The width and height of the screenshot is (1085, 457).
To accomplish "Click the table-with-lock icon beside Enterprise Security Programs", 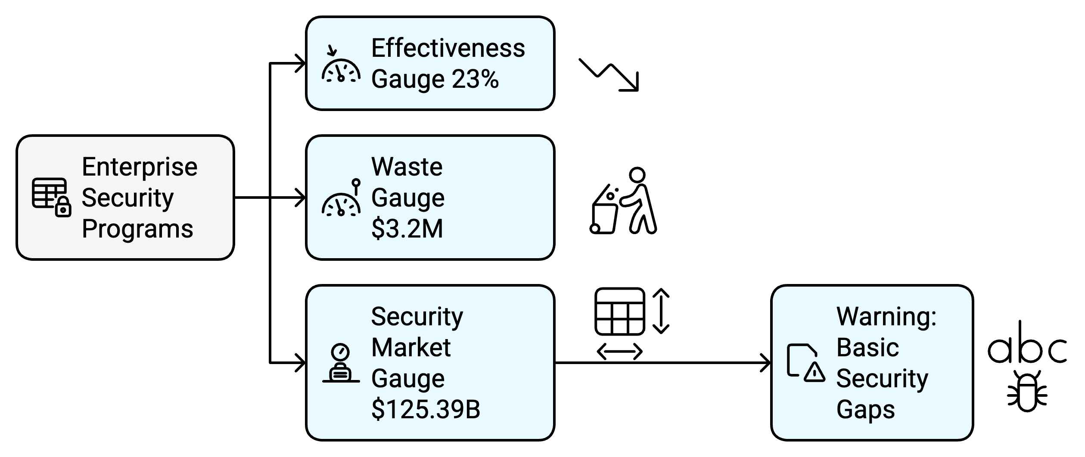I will pyautogui.click(x=51, y=198).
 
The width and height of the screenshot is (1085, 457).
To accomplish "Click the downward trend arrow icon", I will pyautogui.click(x=609, y=75).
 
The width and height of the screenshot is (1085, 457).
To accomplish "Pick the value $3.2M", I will pyautogui.click(x=407, y=228).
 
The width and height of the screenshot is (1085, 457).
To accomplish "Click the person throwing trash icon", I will pyautogui.click(x=623, y=201).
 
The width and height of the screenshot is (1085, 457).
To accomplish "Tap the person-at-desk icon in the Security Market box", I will pyautogui.click(x=341, y=363).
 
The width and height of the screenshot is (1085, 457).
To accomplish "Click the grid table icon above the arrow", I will pyautogui.click(x=619, y=312).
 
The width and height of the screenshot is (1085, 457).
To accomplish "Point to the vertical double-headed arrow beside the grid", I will pyautogui.click(x=661, y=312).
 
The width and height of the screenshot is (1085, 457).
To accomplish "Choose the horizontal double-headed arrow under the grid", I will pyautogui.click(x=619, y=352).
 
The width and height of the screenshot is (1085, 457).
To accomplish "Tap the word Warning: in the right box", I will pyautogui.click(x=886, y=317).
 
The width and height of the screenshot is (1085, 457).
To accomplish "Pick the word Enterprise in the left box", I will pyautogui.click(x=140, y=167).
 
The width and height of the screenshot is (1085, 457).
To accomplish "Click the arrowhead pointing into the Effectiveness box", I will pyautogui.click(x=300, y=64).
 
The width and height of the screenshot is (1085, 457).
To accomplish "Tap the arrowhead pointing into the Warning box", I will pyautogui.click(x=765, y=363).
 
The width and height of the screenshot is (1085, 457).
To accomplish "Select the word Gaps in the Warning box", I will pyautogui.click(x=865, y=410).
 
